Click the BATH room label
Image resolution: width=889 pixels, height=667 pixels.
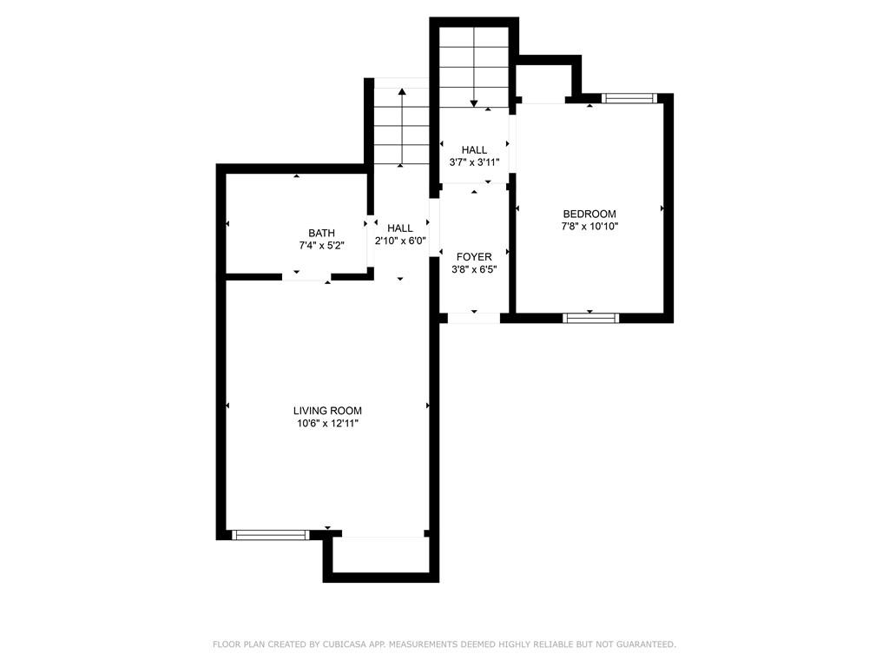pyautogui.click(x=321, y=233)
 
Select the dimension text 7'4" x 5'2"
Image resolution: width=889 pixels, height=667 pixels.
pyautogui.click(x=321, y=246)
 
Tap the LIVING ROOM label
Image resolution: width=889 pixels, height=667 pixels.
pyautogui.click(x=327, y=411)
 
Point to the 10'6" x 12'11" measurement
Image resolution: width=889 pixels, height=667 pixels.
pyautogui.click(x=327, y=424)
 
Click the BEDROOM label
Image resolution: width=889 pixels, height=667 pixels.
pyautogui.click(x=589, y=214)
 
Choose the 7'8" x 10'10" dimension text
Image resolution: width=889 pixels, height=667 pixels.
pyautogui.click(x=589, y=227)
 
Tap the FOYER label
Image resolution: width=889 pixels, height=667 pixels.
pyautogui.click(x=474, y=256)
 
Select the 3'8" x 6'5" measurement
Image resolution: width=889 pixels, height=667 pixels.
pyautogui.click(x=474, y=269)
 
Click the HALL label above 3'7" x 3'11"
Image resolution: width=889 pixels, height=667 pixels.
pyautogui.click(x=474, y=150)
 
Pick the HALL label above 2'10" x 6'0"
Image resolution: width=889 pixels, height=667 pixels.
pyautogui.click(x=400, y=228)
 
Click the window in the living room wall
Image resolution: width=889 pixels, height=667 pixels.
pyautogui.click(x=271, y=535)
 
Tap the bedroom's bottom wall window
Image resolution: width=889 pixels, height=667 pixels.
pyautogui.click(x=591, y=318)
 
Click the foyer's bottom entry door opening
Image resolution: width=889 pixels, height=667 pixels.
pyautogui.click(x=474, y=318)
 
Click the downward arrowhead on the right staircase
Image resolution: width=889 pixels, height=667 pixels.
pyautogui.click(x=474, y=103)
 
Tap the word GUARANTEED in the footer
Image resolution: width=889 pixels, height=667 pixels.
pyautogui.click(x=643, y=644)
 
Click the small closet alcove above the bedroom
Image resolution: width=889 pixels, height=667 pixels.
pyautogui.click(x=543, y=83)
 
